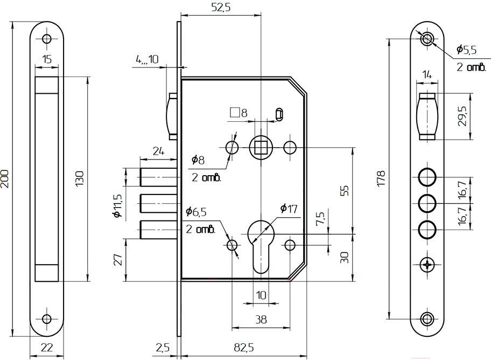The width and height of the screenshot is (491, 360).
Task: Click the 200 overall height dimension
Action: point(5,179)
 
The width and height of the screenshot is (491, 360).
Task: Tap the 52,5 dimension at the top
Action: point(221,6)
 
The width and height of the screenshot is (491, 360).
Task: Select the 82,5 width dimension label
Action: point(244,348)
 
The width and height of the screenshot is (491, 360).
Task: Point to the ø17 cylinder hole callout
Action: point(289,208)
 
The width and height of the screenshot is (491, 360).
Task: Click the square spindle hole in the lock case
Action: point(261,148)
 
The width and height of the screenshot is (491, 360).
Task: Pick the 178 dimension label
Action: point(381,179)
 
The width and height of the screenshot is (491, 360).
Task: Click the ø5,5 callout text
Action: point(466,50)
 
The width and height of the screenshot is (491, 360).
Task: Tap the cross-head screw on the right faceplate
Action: point(427,265)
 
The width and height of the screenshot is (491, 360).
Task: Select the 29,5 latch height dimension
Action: point(462,116)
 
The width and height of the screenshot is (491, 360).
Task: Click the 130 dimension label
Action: point(80,179)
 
